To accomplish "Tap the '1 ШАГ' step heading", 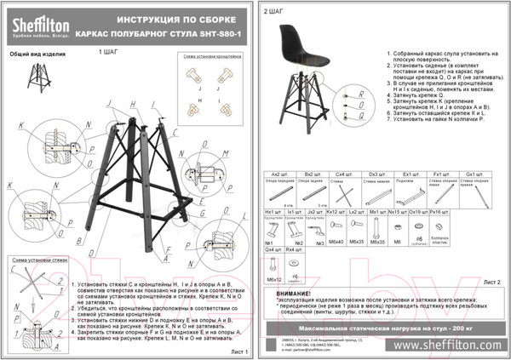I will coord(110,76).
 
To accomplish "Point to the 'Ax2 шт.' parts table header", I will coord(272,172).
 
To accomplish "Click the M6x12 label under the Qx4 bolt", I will coord(273,278).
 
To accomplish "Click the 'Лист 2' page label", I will coord(492,280).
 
